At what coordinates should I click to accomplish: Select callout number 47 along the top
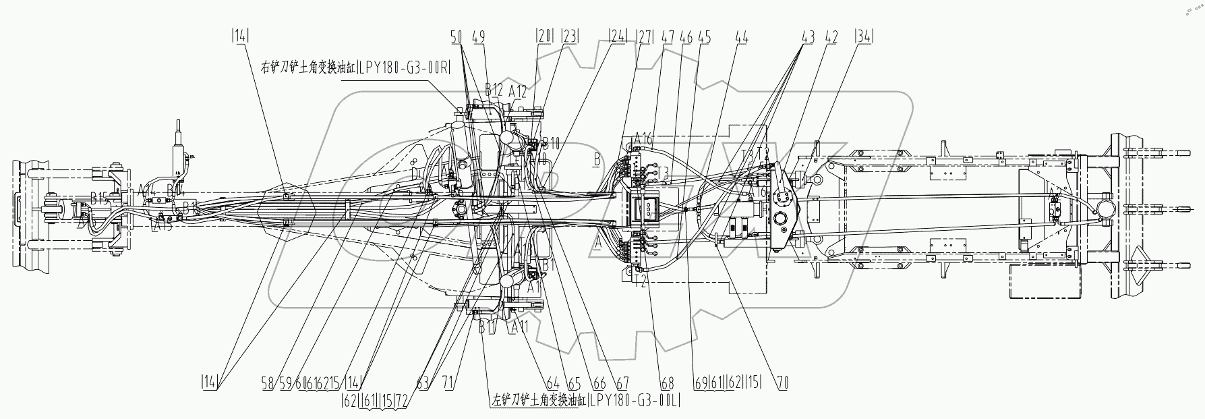point(668,38)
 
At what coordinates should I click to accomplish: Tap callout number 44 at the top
point(741,38)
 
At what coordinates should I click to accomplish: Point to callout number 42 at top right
point(831,38)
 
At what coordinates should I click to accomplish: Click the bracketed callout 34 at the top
point(863,38)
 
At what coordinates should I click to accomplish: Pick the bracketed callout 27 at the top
point(644,38)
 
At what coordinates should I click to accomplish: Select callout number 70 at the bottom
point(782,383)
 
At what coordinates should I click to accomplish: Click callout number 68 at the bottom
point(667,383)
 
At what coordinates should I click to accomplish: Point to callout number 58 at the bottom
point(268,383)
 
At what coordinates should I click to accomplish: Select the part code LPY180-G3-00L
point(635,400)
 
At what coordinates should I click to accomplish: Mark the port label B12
point(494,90)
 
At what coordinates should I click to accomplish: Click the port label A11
point(520,327)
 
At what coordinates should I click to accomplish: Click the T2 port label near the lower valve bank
point(641,281)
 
